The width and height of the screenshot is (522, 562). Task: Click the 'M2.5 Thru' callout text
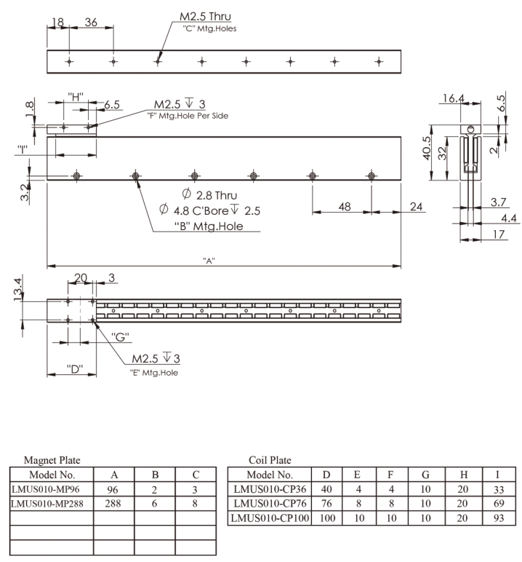click(205, 17)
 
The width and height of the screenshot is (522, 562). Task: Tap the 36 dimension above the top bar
click(91, 23)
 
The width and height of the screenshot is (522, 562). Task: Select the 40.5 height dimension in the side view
click(427, 148)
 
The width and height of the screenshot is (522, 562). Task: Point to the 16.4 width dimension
click(453, 98)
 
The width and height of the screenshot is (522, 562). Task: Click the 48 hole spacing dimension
click(345, 207)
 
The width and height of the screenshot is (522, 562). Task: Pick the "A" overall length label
click(209, 261)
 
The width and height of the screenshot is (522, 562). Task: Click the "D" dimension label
click(74, 368)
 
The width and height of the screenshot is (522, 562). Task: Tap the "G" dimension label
click(120, 337)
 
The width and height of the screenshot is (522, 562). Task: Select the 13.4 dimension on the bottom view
click(18, 289)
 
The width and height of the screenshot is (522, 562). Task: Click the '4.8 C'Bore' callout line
click(210, 210)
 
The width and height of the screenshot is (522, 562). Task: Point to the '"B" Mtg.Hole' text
click(209, 226)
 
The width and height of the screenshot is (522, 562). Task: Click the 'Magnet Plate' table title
click(52, 460)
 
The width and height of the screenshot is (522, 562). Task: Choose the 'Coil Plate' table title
click(270, 460)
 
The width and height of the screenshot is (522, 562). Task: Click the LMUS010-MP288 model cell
click(47, 504)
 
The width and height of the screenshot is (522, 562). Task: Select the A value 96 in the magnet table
click(113, 490)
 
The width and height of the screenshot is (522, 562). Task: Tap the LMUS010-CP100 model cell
click(270, 518)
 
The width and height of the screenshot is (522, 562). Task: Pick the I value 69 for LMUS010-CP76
click(499, 504)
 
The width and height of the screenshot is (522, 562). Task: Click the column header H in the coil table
click(464, 475)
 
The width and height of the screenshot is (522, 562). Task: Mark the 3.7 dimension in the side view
click(498, 202)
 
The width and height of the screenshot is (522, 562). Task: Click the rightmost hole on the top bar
click(379, 62)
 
